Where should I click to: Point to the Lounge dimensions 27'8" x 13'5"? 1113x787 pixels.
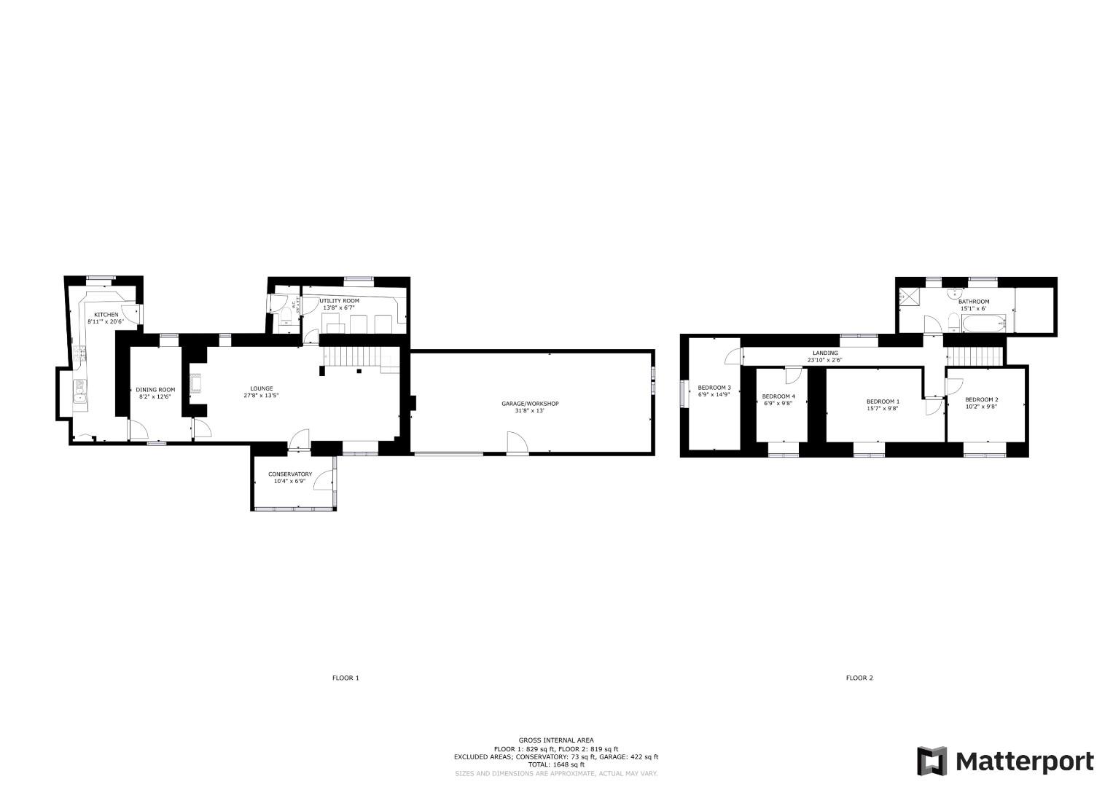point(261,396)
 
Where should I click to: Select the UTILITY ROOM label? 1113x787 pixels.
point(339,301)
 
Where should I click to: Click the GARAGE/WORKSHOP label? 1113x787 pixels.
point(530,404)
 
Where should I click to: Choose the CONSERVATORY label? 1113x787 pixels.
point(289,474)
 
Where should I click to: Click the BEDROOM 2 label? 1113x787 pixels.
point(981,399)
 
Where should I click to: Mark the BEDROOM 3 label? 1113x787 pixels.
point(714,388)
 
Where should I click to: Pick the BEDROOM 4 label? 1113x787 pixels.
point(778,396)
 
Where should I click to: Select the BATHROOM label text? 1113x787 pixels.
point(973,302)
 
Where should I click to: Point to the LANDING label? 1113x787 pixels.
point(825,353)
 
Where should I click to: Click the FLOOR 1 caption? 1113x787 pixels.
point(345,678)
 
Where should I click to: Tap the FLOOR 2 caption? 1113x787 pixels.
point(859,678)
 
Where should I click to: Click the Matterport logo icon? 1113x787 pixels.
point(932,761)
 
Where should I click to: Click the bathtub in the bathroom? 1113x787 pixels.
point(983,323)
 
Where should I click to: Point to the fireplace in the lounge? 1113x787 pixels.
point(195,383)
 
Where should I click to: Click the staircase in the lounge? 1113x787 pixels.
point(352,356)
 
